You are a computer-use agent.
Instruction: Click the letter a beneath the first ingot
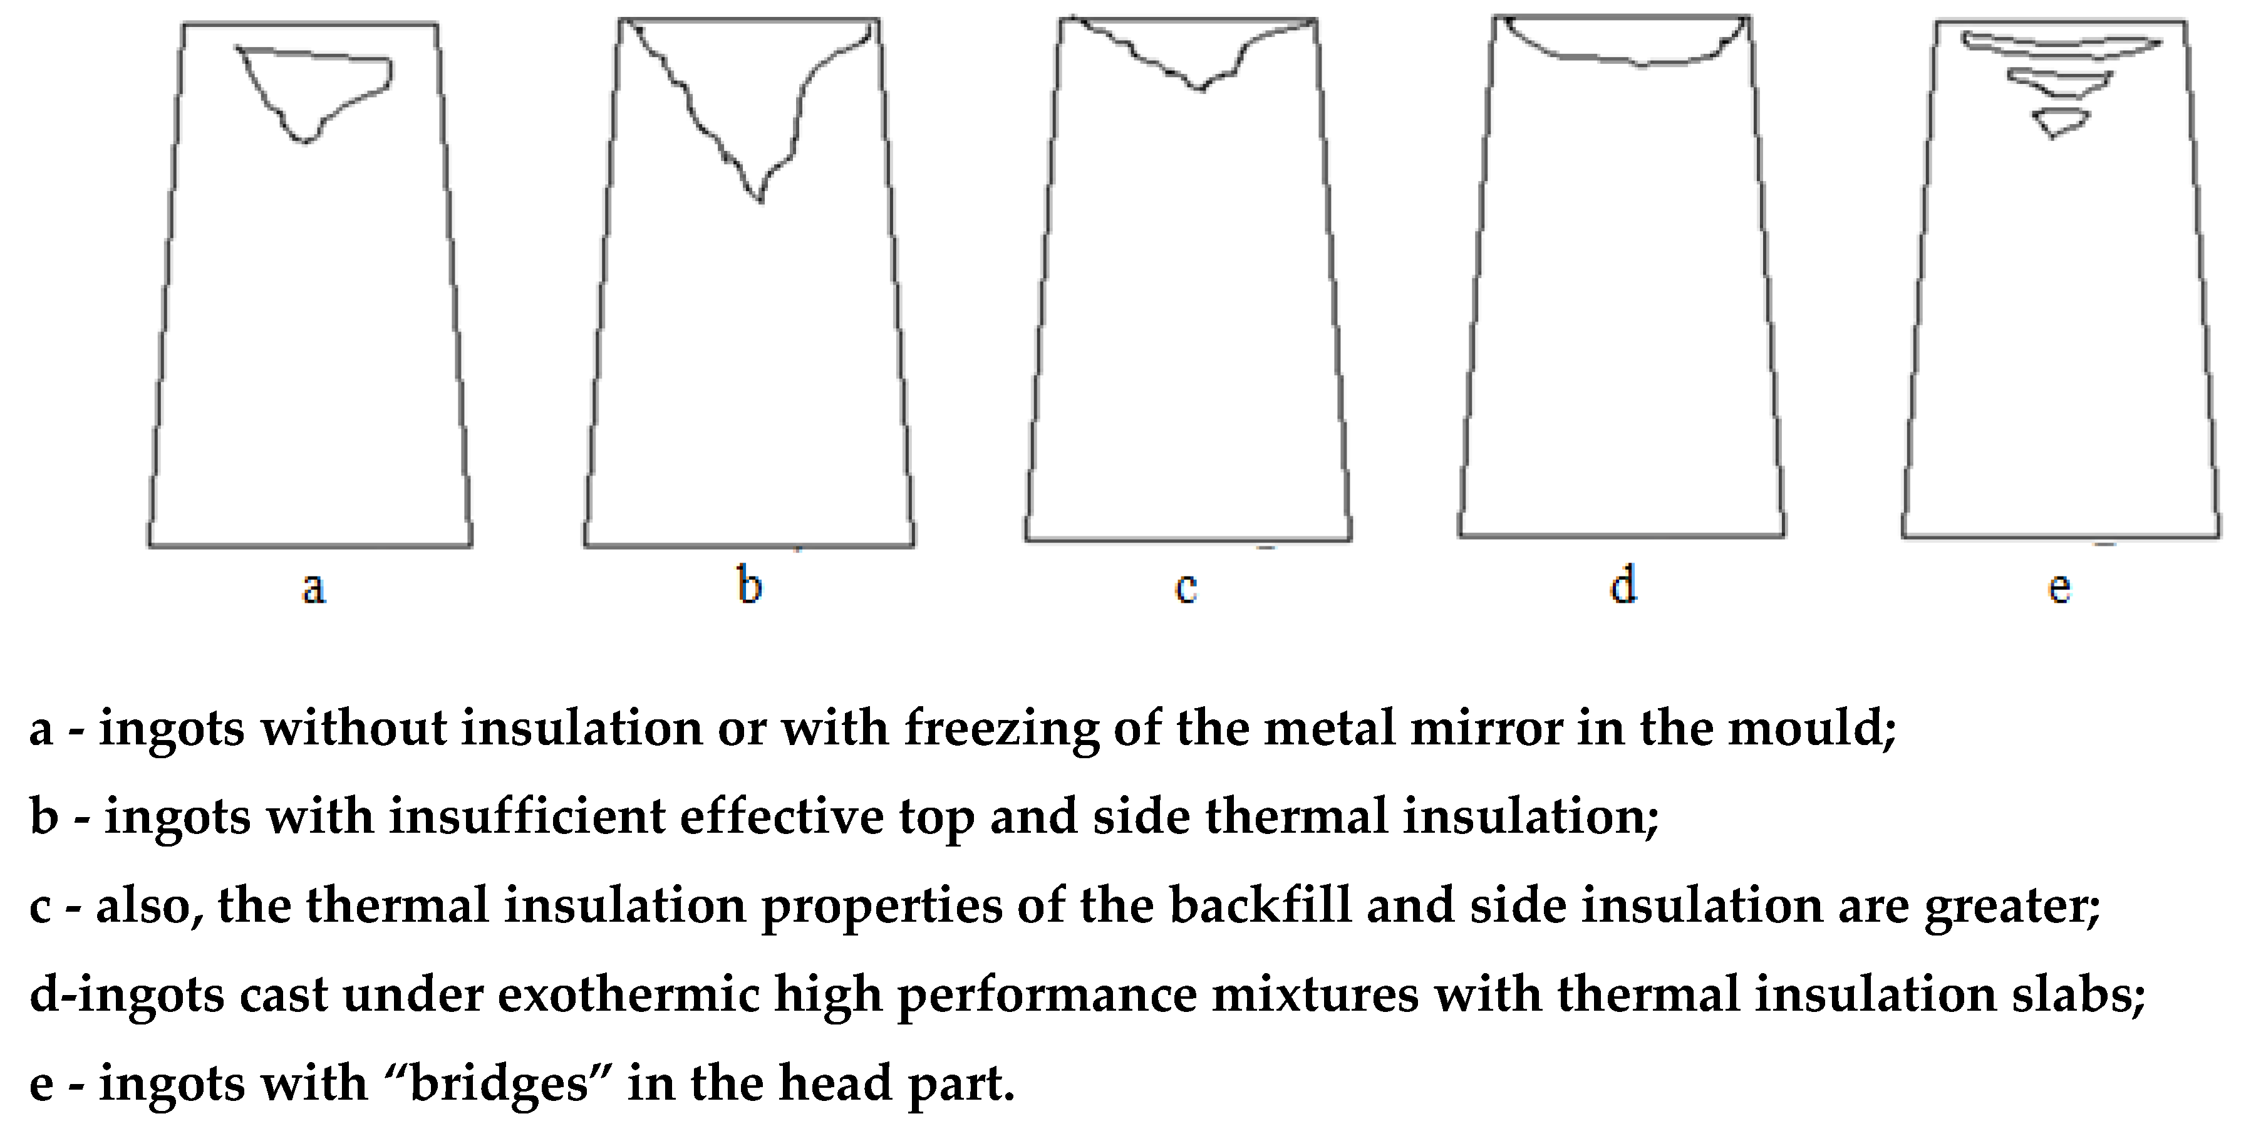[314, 588]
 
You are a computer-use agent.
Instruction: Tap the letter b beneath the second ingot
[750, 585]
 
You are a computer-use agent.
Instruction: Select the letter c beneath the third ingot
[1186, 588]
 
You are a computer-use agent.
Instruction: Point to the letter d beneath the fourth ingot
[1623, 585]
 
